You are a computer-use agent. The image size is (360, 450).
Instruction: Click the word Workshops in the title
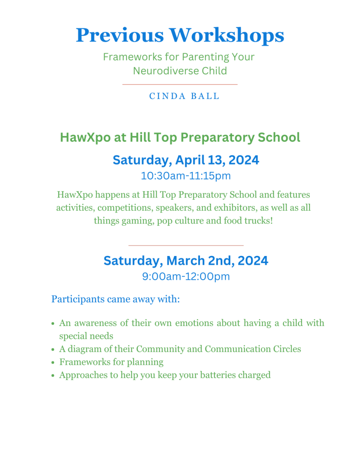[x=228, y=35]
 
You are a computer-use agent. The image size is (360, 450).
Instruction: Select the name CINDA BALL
[x=184, y=96]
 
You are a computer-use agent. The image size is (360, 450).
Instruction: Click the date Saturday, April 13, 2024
[x=186, y=160]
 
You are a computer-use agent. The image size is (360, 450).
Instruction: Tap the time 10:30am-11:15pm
[x=185, y=176]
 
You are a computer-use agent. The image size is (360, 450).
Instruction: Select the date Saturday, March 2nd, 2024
[x=185, y=261]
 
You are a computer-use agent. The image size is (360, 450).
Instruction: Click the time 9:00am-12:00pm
[x=185, y=277]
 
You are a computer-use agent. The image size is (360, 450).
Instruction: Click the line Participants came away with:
[x=116, y=300]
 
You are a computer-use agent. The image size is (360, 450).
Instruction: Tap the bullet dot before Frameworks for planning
[x=53, y=363]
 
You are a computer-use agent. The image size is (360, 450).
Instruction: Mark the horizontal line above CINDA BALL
[x=180, y=84]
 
